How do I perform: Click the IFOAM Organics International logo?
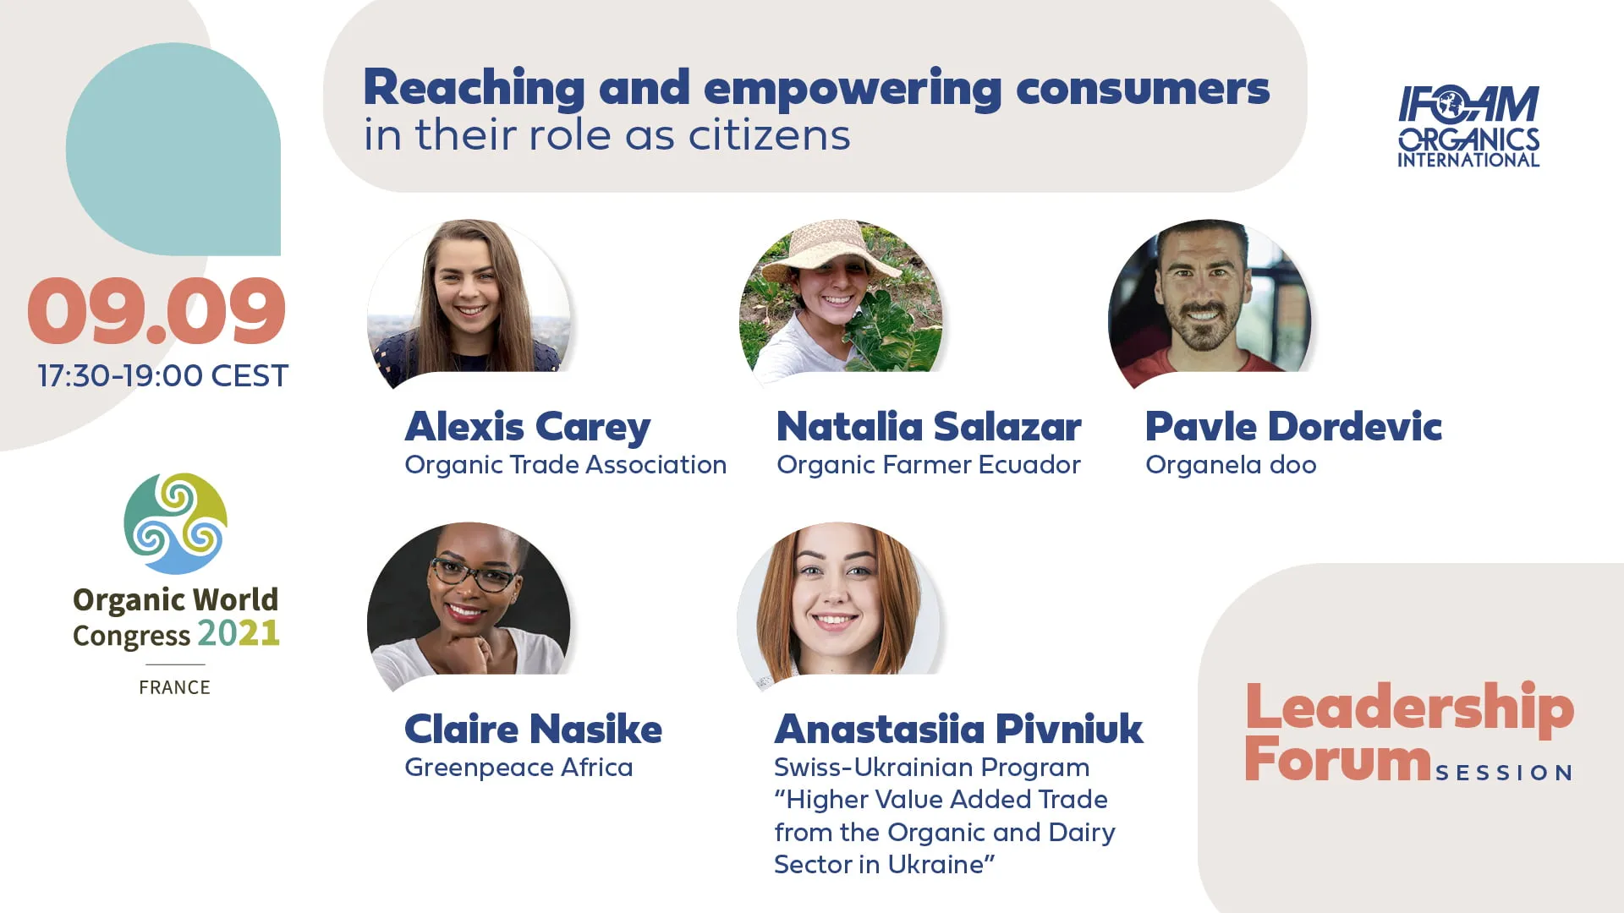pos(1468,126)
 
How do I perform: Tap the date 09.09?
pos(156,311)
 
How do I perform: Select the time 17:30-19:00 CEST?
pos(163,375)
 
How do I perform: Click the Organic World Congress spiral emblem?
pos(175,523)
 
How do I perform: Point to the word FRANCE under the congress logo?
pos(175,687)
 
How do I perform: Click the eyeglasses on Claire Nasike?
pos(474,576)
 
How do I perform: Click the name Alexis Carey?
pos(528,428)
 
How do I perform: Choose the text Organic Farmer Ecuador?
pos(929,465)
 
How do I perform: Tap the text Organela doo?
pos(1231,465)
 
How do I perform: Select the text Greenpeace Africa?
pos(518,768)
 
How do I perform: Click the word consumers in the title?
pos(1143,89)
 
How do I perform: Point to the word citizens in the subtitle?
pos(770,135)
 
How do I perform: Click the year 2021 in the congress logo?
pos(239,633)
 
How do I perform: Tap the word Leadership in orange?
pos(1409,708)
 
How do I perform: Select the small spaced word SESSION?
pos(1504,773)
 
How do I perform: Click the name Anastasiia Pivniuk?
pos(959,730)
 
